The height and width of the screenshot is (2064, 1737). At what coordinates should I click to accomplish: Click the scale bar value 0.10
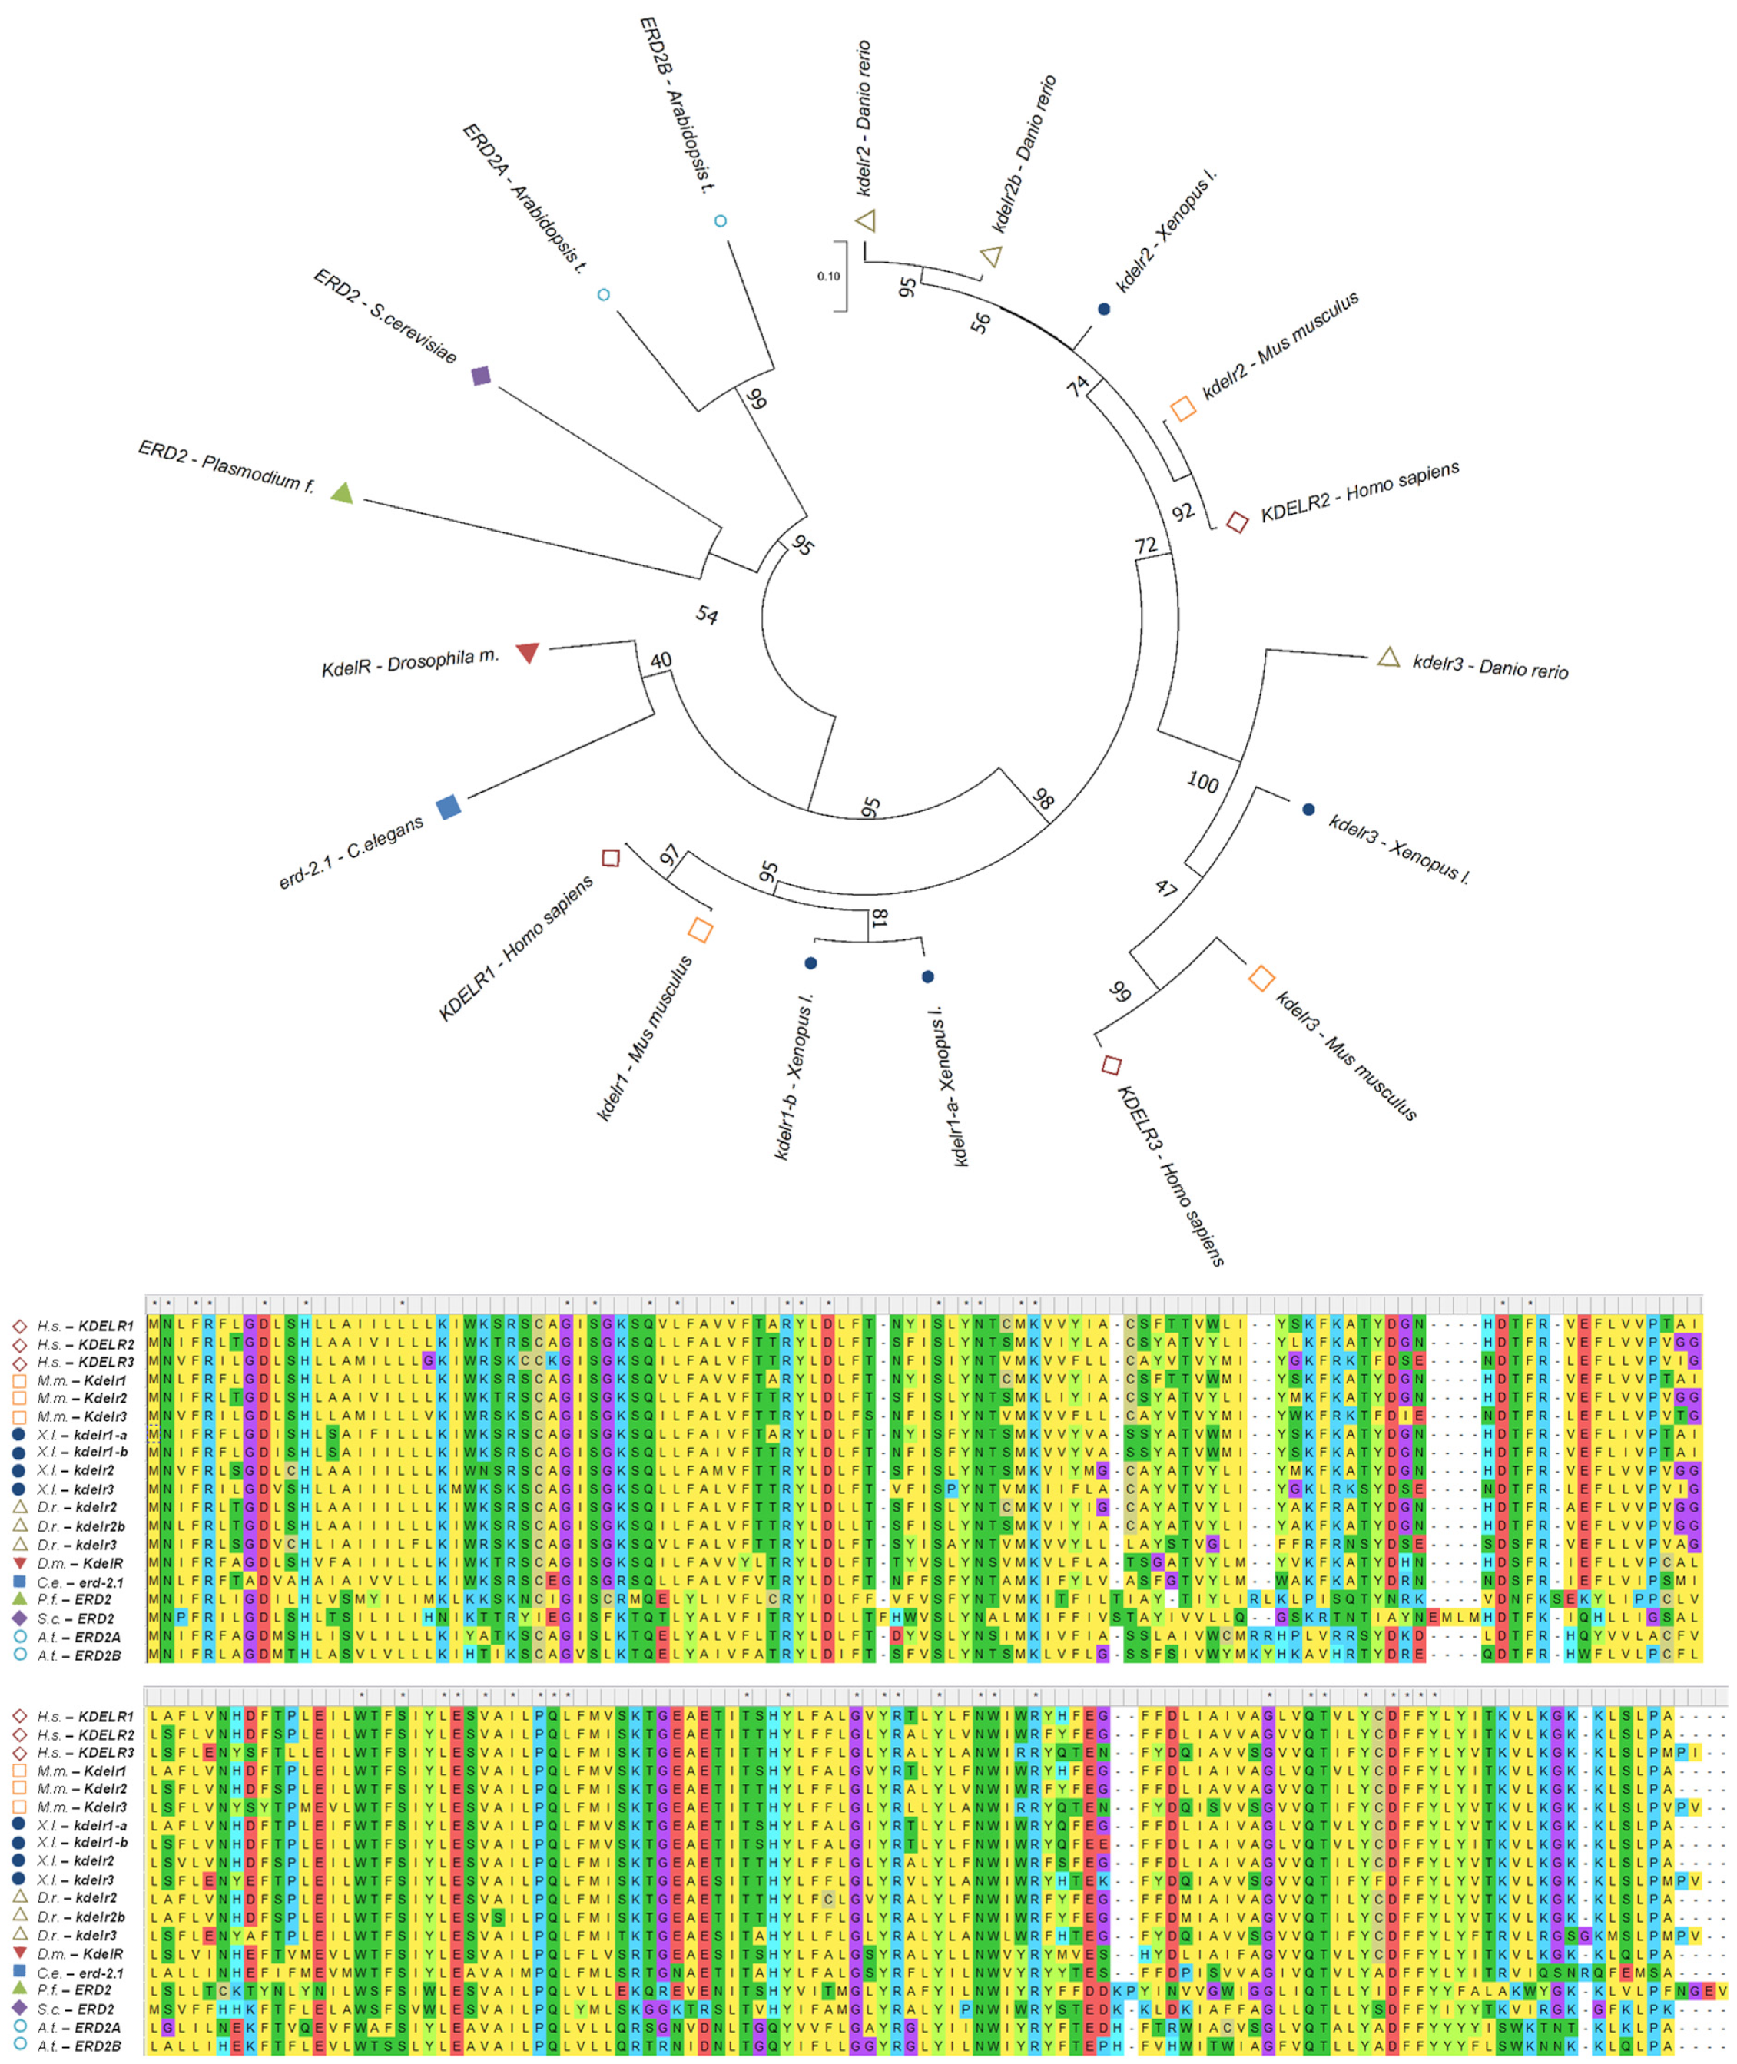click(828, 276)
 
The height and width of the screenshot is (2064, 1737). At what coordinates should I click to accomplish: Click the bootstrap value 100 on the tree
click(1202, 782)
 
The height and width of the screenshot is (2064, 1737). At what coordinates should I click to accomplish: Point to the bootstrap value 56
click(981, 322)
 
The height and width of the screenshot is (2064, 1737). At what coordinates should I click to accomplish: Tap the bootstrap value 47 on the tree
click(1166, 888)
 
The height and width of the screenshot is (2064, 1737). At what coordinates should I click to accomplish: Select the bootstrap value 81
click(880, 918)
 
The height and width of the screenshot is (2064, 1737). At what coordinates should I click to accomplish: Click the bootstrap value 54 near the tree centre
click(707, 615)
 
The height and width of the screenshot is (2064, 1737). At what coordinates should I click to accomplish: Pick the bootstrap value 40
click(661, 660)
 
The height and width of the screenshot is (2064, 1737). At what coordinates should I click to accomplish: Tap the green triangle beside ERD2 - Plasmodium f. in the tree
click(342, 492)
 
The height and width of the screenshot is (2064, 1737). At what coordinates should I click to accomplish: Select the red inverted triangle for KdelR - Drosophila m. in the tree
click(528, 652)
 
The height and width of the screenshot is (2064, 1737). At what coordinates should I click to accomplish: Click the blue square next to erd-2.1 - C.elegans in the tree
click(449, 807)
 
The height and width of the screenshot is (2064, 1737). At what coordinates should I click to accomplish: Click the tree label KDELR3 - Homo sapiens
click(1171, 1174)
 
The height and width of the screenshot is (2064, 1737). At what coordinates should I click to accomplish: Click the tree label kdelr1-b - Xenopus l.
click(794, 1076)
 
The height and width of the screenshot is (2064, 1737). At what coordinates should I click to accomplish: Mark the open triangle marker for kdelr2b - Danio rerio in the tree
click(992, 256)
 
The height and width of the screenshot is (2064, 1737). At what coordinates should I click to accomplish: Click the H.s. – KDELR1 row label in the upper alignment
click(85, 1326)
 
